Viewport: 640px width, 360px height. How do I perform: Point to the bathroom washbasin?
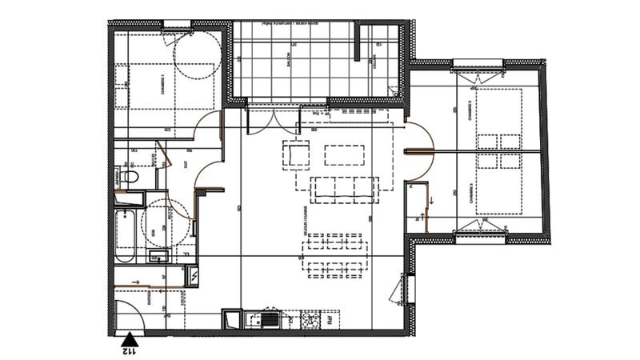[x=158, y=257]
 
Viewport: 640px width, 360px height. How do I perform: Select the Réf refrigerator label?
[x=328, y=321]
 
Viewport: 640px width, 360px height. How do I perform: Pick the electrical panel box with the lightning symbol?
[x=193, y=276]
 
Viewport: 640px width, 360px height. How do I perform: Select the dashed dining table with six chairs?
[x=334, y=254]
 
